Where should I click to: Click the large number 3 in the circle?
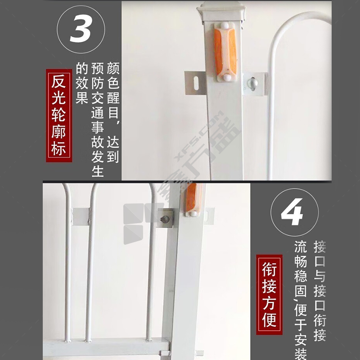(81, 29)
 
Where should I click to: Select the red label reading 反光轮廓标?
(59, 116)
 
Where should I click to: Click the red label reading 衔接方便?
(269, 295)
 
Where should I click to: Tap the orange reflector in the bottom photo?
(193, 198)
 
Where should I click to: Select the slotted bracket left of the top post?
(196, 83)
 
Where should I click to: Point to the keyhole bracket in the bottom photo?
(165, 218)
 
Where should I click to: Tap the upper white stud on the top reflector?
(224, 25)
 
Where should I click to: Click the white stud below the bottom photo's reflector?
(193, 214)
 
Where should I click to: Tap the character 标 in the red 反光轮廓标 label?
(58, 148)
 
